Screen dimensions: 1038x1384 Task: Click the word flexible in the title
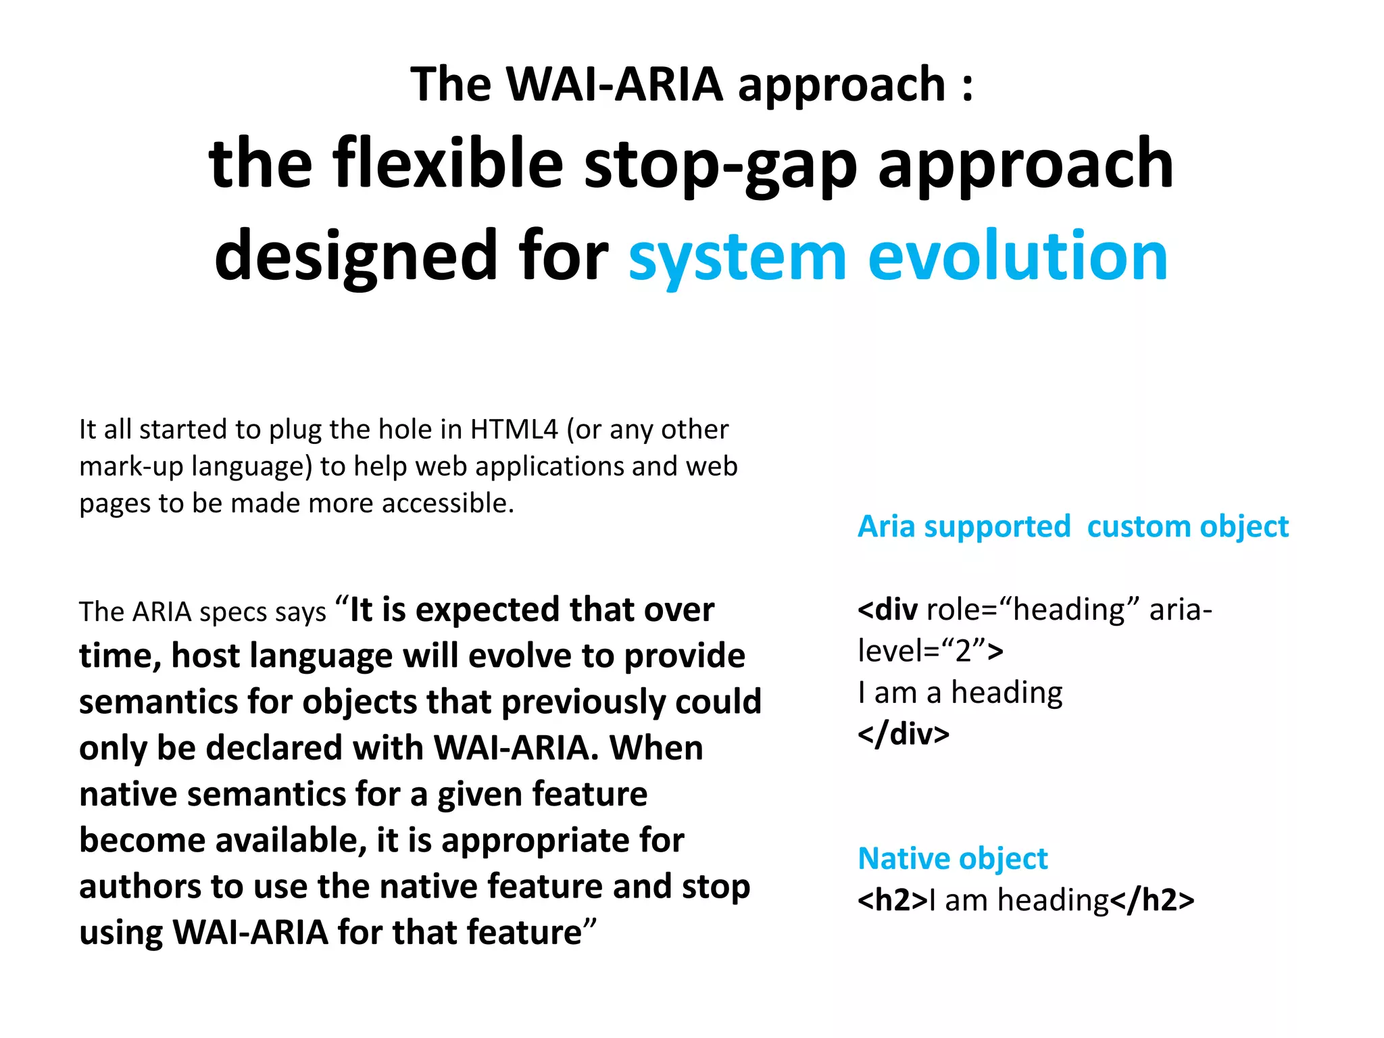point(447,164)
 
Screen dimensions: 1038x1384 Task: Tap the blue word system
point(737,257)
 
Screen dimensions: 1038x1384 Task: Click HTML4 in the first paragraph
point(514,430)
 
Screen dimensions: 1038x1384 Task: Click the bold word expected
point(487,610)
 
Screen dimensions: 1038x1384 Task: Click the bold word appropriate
point(535,841)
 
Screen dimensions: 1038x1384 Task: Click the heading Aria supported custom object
point(1072,526)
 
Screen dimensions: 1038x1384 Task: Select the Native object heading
point(952,859)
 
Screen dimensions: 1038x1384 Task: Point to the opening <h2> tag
point(892,901)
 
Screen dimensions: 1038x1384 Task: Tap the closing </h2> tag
point(1152,901)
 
